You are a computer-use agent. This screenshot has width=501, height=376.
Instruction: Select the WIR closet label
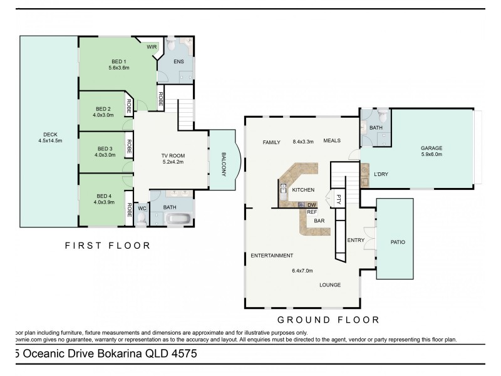point(152,47)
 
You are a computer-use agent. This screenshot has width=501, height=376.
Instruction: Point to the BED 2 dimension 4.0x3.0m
point(103,115)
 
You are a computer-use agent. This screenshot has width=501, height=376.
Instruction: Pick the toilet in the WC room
point(142,219)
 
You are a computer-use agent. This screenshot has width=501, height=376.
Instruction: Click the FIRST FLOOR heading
point(108,246)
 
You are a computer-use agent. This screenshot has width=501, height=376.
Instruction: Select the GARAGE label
point(431,148)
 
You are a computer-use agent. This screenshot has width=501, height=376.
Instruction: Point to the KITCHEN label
point(303,189)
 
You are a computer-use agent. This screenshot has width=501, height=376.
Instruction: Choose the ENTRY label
point(355,240)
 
